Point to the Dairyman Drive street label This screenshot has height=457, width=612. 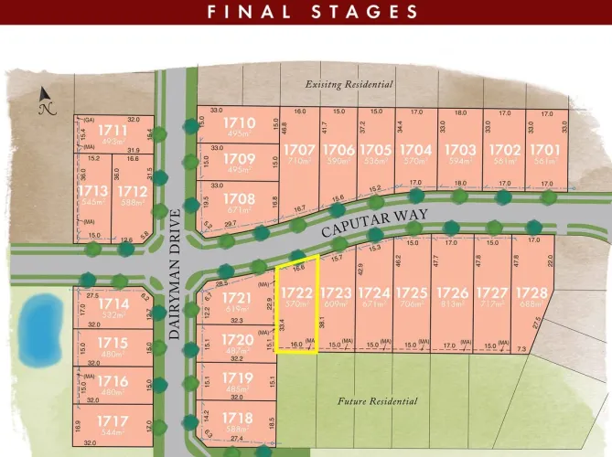pos(175,275)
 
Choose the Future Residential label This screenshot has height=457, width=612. pos(377,401)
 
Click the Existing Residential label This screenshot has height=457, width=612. pos(349,84)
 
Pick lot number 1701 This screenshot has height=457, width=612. pos(543,149)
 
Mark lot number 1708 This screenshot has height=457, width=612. pos(239,197)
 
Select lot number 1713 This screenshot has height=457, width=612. pos(92,190)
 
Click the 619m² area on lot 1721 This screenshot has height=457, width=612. pos(236,309)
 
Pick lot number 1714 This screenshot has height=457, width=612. pos(113,304)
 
